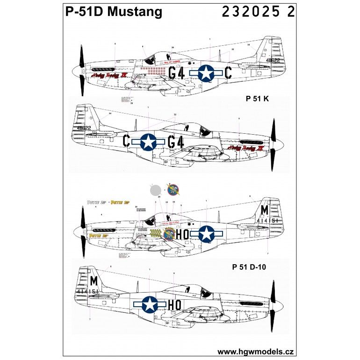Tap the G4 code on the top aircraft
pos(177,73)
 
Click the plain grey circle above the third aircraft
pos(156,191)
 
